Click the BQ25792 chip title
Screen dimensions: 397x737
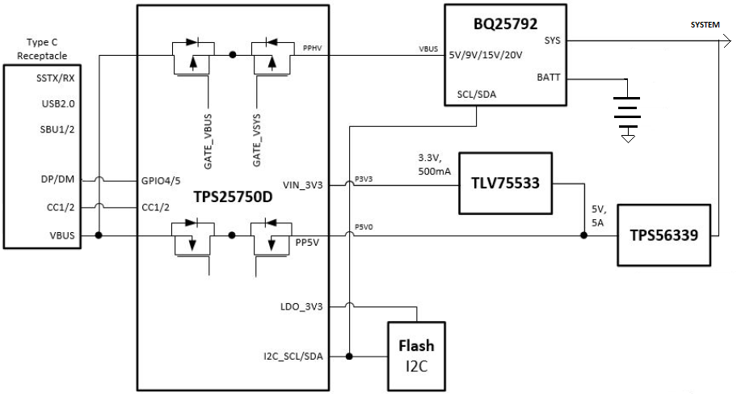(506, 23)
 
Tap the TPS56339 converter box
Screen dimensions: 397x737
(665, 235)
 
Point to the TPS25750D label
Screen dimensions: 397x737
(233, 196)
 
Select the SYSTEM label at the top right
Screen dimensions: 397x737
(704, 25)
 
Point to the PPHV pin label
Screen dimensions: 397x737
(312, 49)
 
